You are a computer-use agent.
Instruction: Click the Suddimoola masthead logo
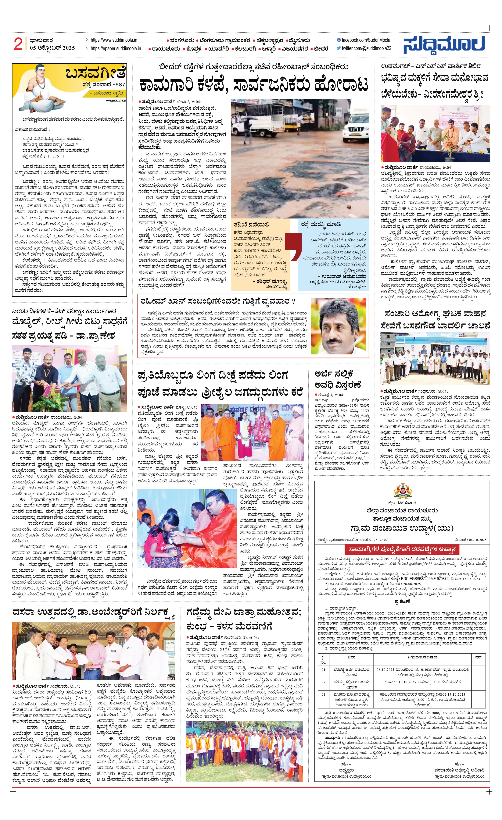[444, 45]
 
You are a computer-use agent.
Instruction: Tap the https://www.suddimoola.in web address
[113, 40]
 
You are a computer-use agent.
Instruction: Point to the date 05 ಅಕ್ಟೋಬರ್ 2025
[52, 48]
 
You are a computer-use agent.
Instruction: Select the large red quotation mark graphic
[293, 247]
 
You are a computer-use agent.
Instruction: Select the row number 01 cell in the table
[323, 669]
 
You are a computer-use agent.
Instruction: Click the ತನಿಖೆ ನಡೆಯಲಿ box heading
[251, 225]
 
